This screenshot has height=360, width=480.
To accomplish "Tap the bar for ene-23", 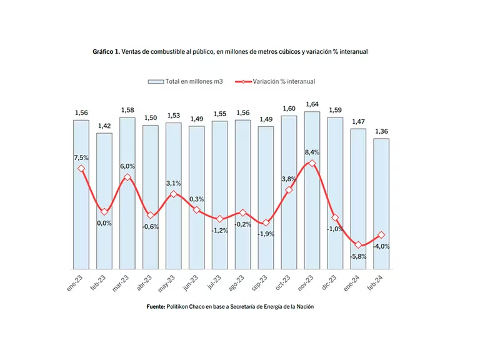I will (x=81, y=194).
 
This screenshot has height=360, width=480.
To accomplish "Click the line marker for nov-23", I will (x=312, y=163).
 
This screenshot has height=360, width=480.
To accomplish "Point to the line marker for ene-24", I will (x=358, y=245).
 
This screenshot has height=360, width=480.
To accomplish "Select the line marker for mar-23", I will (x=127, y=177).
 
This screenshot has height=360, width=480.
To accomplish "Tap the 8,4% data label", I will (x=312, y=151).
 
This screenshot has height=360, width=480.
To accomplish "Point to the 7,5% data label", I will (x=81, y=157).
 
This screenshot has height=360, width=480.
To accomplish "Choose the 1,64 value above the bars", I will (x=312, y=104).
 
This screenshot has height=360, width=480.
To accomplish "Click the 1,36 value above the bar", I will (x=381, y=131).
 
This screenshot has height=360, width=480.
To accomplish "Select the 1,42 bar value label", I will (x=104, y=125).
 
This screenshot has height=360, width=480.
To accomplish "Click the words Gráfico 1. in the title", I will (x=106, y=51).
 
